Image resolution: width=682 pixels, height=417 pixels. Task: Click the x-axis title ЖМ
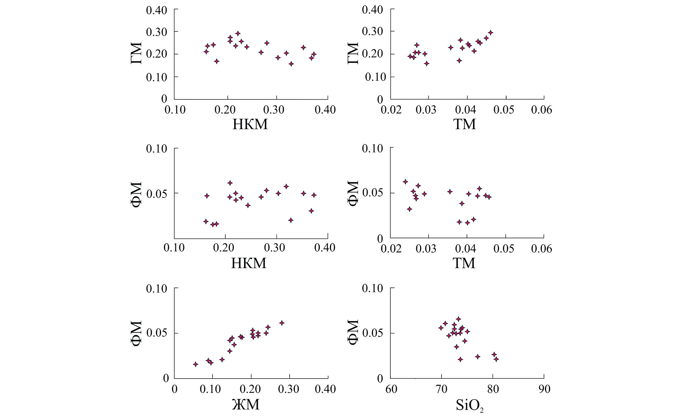tap(246, 404)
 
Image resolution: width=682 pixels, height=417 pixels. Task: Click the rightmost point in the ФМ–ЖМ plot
tap(281, 323)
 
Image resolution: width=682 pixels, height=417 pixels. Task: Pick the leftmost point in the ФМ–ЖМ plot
tap(195, 364)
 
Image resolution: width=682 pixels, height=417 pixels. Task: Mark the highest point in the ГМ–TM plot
tap(491, 33)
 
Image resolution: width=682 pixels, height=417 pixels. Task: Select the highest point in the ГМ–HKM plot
tap(238, 33)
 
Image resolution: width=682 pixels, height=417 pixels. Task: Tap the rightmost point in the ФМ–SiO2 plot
tap(496, 359)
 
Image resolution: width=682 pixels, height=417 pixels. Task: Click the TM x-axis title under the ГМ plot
tap(465, 124)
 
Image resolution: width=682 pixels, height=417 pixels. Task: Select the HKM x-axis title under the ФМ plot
tap(249, 263)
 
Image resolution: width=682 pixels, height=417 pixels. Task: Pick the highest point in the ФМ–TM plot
tap(406, 182)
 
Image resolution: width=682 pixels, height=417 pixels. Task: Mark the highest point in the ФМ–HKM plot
tap(230, 183)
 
